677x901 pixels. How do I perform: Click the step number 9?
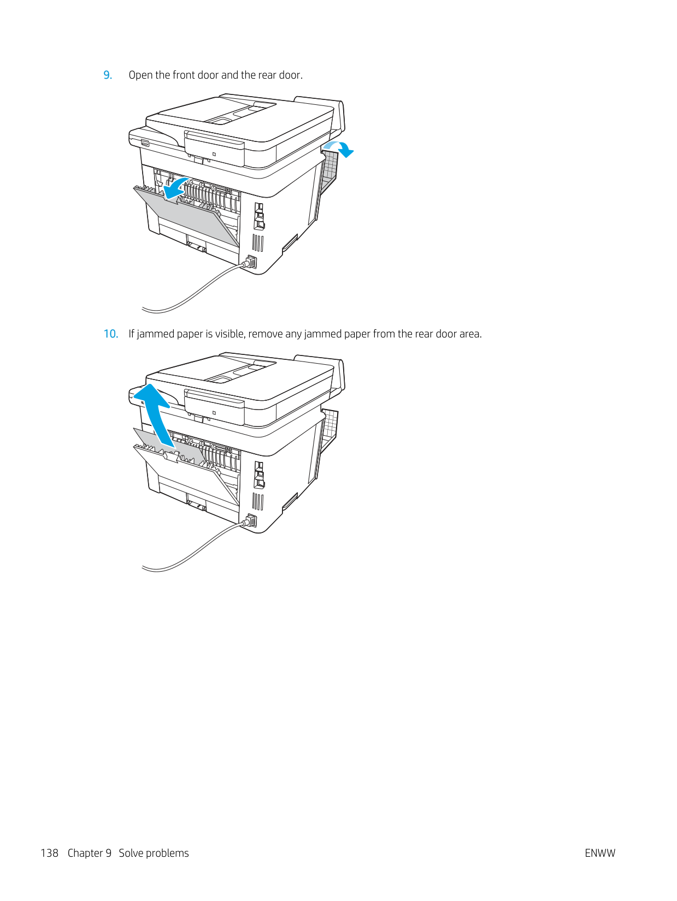tap(108, 75)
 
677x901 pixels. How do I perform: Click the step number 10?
tap(111, 334)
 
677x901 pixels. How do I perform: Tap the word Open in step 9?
tap(141, 75)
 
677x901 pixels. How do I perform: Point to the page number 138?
tap(50, 853)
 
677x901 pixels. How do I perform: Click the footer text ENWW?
tap(600, 853)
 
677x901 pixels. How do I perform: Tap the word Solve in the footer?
tap(131, 853)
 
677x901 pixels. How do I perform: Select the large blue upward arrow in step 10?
tap(158, 414)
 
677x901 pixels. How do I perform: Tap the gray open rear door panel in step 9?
tap(187, 216)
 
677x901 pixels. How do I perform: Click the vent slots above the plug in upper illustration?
tap(257, 244)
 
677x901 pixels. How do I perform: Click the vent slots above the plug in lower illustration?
tap(257, 502)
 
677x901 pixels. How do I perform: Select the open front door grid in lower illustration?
tap(329, 427)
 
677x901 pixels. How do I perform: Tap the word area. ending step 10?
tap(470, 334)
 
